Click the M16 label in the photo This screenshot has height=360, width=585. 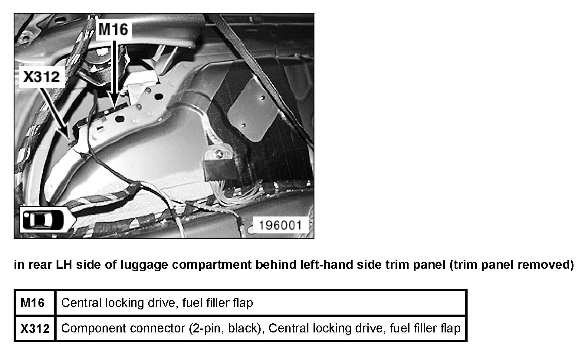pyautogui.click(x=113, y=30)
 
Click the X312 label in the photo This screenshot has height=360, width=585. pyautogui.click(x=42, y=77)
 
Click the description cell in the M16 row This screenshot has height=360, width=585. pyautogui.click(x=261, y=303)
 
